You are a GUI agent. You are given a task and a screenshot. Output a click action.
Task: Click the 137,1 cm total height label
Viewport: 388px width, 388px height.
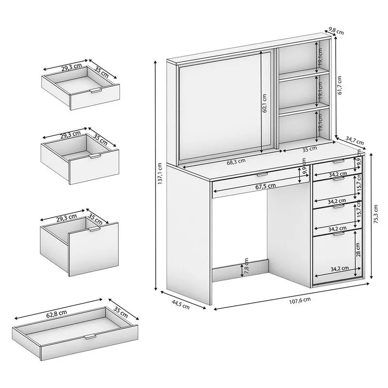point(160,174)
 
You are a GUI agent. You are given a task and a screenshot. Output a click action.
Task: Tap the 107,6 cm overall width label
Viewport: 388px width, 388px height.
point(300,300)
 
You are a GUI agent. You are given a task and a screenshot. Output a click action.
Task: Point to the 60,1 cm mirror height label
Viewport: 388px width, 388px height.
point(265,103)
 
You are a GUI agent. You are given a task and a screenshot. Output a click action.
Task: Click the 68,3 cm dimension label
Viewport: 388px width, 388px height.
point(236,162)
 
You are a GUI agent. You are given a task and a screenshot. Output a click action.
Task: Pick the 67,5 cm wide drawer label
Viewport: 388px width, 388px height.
point(265,185)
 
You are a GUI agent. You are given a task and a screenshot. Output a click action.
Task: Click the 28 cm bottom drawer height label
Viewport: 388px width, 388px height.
point(358,249)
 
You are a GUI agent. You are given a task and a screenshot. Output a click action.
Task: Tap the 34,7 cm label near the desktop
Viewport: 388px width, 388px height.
point(355,141)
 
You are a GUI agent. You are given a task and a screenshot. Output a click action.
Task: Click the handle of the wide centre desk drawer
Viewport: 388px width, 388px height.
point(262,175)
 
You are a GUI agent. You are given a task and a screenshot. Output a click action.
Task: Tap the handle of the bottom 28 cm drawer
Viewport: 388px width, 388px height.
point(339,234)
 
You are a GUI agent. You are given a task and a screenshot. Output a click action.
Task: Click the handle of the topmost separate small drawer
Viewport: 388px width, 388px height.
point(96,91)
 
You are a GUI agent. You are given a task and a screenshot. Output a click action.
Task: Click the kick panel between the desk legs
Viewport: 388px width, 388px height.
point(240,271)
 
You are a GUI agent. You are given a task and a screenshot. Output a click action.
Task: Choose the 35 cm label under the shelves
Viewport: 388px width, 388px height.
point(309,149)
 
